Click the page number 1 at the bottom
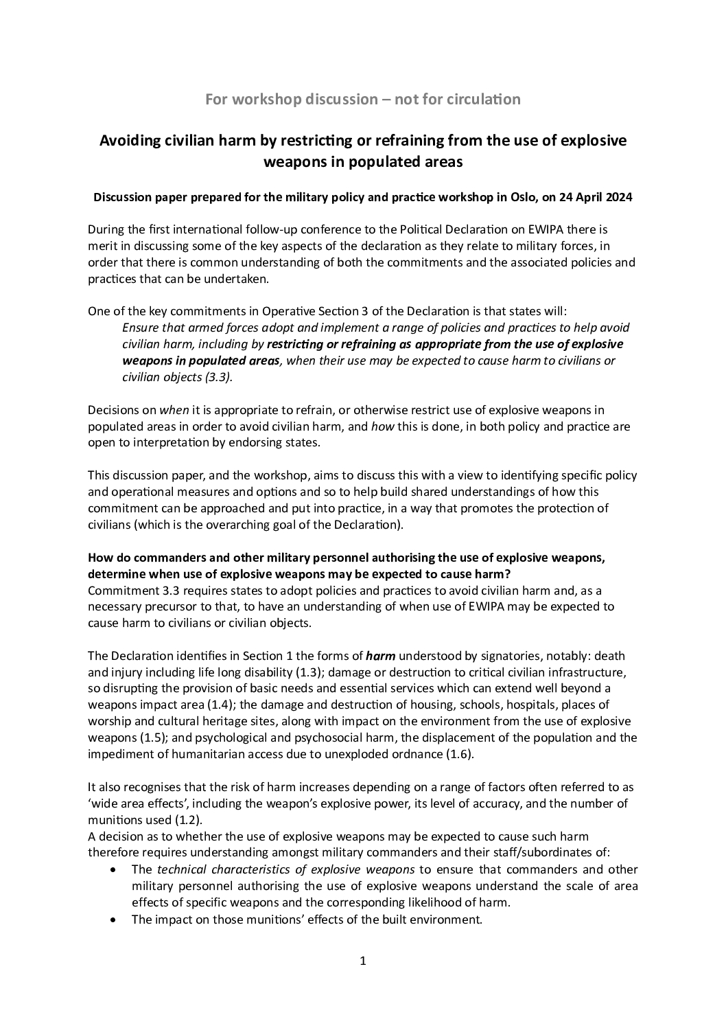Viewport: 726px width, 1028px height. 363,961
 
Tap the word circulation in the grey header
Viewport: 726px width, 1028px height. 481,100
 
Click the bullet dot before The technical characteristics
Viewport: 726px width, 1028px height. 113,870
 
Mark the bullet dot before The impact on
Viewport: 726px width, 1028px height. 113,920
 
